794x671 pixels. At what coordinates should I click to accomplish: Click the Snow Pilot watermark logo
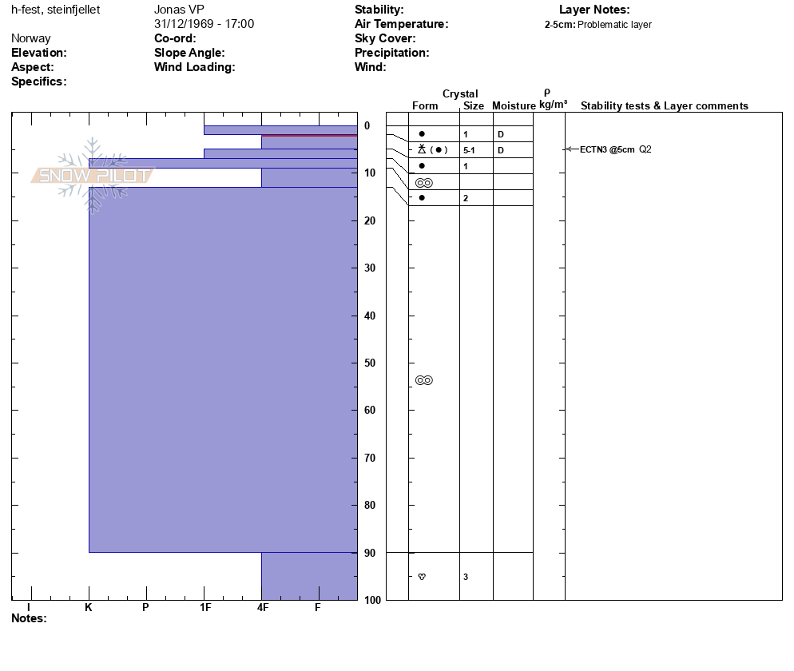coord(92,175)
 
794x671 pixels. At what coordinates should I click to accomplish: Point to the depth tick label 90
coord(369,553)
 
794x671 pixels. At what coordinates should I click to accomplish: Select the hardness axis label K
coord(89,608)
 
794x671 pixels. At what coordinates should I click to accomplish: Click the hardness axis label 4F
coord(262,608)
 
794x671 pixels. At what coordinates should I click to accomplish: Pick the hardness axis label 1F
coord(205,608)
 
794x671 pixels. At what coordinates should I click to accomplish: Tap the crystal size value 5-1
coord(470,150)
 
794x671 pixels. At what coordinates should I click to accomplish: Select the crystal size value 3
coord(466,577)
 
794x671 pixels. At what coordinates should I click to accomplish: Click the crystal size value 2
coord(466,198)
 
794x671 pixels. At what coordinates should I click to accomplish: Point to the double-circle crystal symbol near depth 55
coord(424,380)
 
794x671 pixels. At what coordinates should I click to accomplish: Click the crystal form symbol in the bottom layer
coord(422,577)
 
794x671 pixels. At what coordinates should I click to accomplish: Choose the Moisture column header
coord(514,106)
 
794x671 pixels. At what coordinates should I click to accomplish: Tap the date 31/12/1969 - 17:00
coord(204,24)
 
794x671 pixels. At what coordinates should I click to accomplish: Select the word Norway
coord(31,38)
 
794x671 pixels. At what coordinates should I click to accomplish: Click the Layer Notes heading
coord(594,10)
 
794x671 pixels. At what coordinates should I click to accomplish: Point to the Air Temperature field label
coord(401,24)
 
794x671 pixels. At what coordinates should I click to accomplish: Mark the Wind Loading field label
coord(194,67)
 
